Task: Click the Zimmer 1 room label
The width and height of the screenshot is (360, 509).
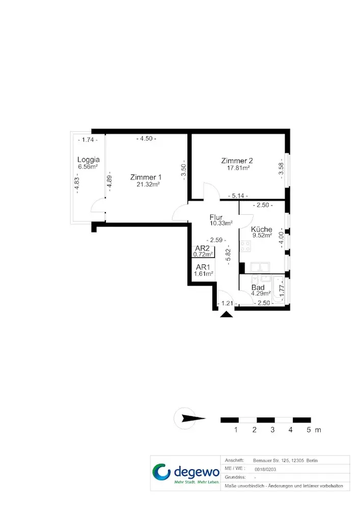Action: coord(146,177)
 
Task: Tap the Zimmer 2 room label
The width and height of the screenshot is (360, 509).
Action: coord(237,161)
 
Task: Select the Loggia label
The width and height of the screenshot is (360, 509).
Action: coord(88,160)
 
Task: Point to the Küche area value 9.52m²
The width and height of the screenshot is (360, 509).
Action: coord(262,235)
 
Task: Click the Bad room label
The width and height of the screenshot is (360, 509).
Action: coord(258,287)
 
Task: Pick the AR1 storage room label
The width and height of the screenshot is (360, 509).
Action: coord(203,267)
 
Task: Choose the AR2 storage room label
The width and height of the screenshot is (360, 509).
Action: coord(202,249)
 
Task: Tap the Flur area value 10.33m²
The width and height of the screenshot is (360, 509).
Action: coord(221,223)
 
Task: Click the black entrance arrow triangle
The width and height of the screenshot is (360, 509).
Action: coord(226,314)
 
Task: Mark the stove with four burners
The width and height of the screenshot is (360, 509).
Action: coord(245,246)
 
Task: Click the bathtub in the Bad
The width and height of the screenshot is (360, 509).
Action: coord(278,290)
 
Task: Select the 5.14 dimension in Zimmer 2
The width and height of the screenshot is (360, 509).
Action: coord(238,196)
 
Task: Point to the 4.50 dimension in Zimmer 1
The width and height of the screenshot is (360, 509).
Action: coord(146,138)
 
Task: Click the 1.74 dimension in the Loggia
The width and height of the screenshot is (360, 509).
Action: coord(88,140)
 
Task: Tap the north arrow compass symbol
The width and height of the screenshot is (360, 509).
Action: coord(189,418)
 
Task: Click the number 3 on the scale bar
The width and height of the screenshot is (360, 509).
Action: coord(272,430)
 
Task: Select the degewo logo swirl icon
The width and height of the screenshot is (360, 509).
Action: coord(161,472)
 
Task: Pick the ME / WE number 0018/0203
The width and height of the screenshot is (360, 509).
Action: coord(265,469)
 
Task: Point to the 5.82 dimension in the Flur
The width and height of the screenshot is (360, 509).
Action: coord(228,255)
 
